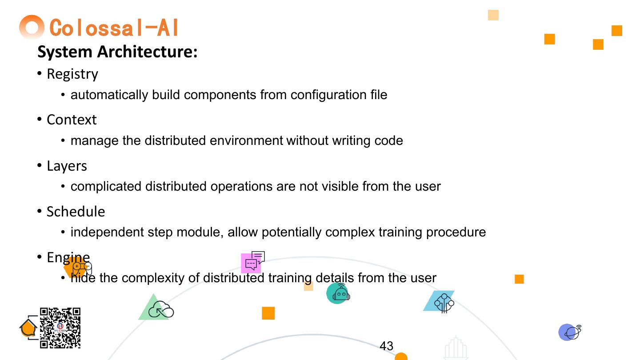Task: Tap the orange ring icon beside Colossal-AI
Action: click(x=32, y=27)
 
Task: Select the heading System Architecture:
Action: click(x=117, y=52)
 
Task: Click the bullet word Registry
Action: click(x=72, y=74)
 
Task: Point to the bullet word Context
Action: click(x=72, y=120)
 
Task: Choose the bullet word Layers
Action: click(x=67, y=166)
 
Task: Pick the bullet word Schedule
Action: click(x=76, y=212)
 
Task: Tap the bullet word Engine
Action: click(x=68, y=257)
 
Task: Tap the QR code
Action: click(x=60, y=328)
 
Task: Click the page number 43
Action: click(x=387, y=346)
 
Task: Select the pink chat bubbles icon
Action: click(x=252, y=262)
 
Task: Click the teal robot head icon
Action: click(x=339, y=293)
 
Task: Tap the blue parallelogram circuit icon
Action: click(x=440, y=301)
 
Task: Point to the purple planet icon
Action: click(x=570, y=332)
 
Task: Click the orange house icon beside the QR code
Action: click(x=28, y=328)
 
